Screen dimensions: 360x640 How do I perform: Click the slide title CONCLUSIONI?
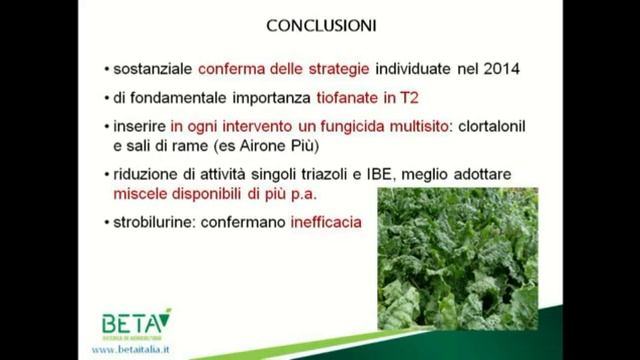coord(320,22)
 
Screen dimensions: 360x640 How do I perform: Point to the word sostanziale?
coord(154,69)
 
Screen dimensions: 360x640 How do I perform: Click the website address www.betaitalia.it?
coord(138,350)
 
